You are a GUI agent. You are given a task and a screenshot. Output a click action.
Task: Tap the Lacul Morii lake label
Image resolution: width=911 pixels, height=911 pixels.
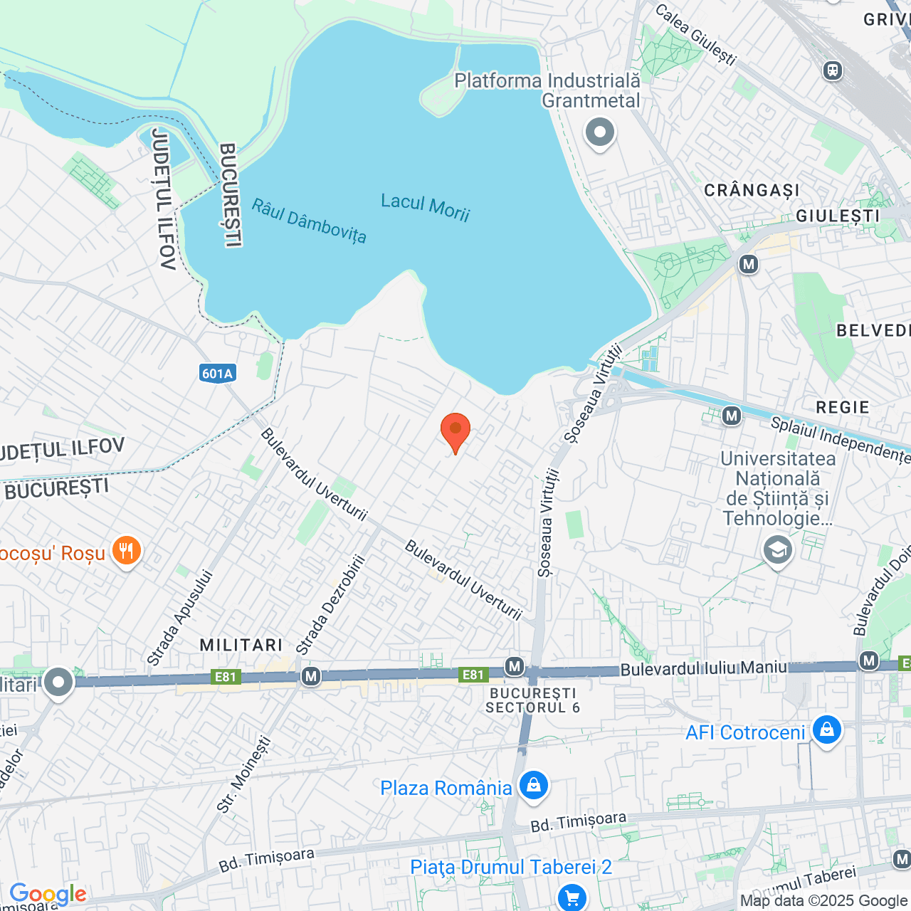[425, 207]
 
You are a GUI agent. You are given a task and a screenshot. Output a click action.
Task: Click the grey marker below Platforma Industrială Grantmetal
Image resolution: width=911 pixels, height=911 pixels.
[600, 132]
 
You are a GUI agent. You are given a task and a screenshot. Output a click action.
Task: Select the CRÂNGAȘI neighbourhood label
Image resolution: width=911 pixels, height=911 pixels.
[752, 190]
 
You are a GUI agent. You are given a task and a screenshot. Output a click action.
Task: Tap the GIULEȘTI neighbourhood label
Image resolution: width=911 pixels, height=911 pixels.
[838, 216]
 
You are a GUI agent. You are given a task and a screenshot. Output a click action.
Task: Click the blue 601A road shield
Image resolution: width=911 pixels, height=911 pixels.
[217, 374]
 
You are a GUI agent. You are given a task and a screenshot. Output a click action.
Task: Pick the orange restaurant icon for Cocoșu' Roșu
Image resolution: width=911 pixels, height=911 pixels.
[127, 551]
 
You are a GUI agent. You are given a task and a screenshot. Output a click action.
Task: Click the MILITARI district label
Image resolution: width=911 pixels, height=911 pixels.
[241, 645]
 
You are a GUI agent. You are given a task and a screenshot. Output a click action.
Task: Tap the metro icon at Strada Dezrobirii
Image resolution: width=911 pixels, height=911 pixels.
[310, 675]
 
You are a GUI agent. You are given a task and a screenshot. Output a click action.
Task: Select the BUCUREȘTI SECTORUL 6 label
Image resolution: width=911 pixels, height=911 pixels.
[532, 700]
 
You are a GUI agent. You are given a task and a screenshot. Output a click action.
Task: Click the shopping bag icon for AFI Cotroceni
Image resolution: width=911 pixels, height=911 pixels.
[826, 731]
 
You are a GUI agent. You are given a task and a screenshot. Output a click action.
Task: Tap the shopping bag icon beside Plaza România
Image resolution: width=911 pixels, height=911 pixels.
[533, 786]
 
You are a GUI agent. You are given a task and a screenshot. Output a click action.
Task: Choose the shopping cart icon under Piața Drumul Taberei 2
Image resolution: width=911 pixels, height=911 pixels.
[572, 897]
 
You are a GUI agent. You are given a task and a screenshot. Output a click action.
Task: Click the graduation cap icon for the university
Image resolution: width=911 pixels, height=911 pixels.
[777, 550]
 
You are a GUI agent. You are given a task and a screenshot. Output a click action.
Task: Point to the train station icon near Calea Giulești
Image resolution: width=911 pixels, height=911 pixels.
[832, 70]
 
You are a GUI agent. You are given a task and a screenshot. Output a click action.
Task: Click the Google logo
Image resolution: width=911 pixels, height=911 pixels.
[48, 894]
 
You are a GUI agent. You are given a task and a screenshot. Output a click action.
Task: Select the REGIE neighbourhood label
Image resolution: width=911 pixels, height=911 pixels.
[843, 407]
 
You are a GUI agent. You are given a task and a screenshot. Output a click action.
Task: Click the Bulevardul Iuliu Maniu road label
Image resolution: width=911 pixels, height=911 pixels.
[704, 668]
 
